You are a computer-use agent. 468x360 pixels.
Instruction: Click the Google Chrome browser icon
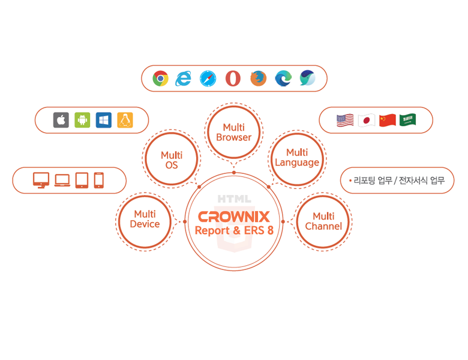pyautogui.click(x=160, y=79)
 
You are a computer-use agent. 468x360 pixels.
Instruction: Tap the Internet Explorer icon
pyautogui.click(x=184, y=79)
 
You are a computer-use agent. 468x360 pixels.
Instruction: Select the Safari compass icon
pyautogui.click(x=208, y=79)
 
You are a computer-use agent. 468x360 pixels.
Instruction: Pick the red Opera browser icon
pyautogui.click(x=233, y=79)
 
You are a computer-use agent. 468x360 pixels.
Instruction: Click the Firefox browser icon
pyautogui.click(x=258, y=79)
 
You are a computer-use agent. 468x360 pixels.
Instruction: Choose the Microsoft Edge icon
pyautogui.click(x=283, y=79)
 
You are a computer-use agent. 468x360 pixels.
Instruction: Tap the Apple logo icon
pyautogui.click(x=61, y=120)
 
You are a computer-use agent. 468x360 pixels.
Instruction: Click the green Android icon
pyautogui.click(x=82, y=120)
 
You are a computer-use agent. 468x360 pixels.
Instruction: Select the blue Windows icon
pyautogui.click(x=104, y=120)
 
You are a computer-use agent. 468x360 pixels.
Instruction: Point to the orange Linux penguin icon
pyautogui.click(x=125, y=120)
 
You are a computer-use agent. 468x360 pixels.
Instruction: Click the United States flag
pyautogui.click(x=345, y=120)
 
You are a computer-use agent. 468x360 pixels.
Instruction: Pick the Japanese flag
pyautogui.click(x=366, y=120)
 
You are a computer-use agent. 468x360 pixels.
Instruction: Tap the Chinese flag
pyautogui.click(x=388, y=120)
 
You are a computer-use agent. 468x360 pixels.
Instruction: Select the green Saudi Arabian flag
pyautogui.click(x=408, y=120)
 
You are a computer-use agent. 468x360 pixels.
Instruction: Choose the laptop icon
pyautogui.click(x=62, y=180)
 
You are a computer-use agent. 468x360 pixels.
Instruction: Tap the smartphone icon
pyautogui.click(x=99, y=180)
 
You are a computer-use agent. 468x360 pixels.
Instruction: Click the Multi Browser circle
pyautogui.click(x=234, y=132)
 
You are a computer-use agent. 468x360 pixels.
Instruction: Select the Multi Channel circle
pyautogui.click(x=323, y=221)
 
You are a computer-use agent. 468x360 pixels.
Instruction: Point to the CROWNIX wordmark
pyautogui.click(x=234, y=217)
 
